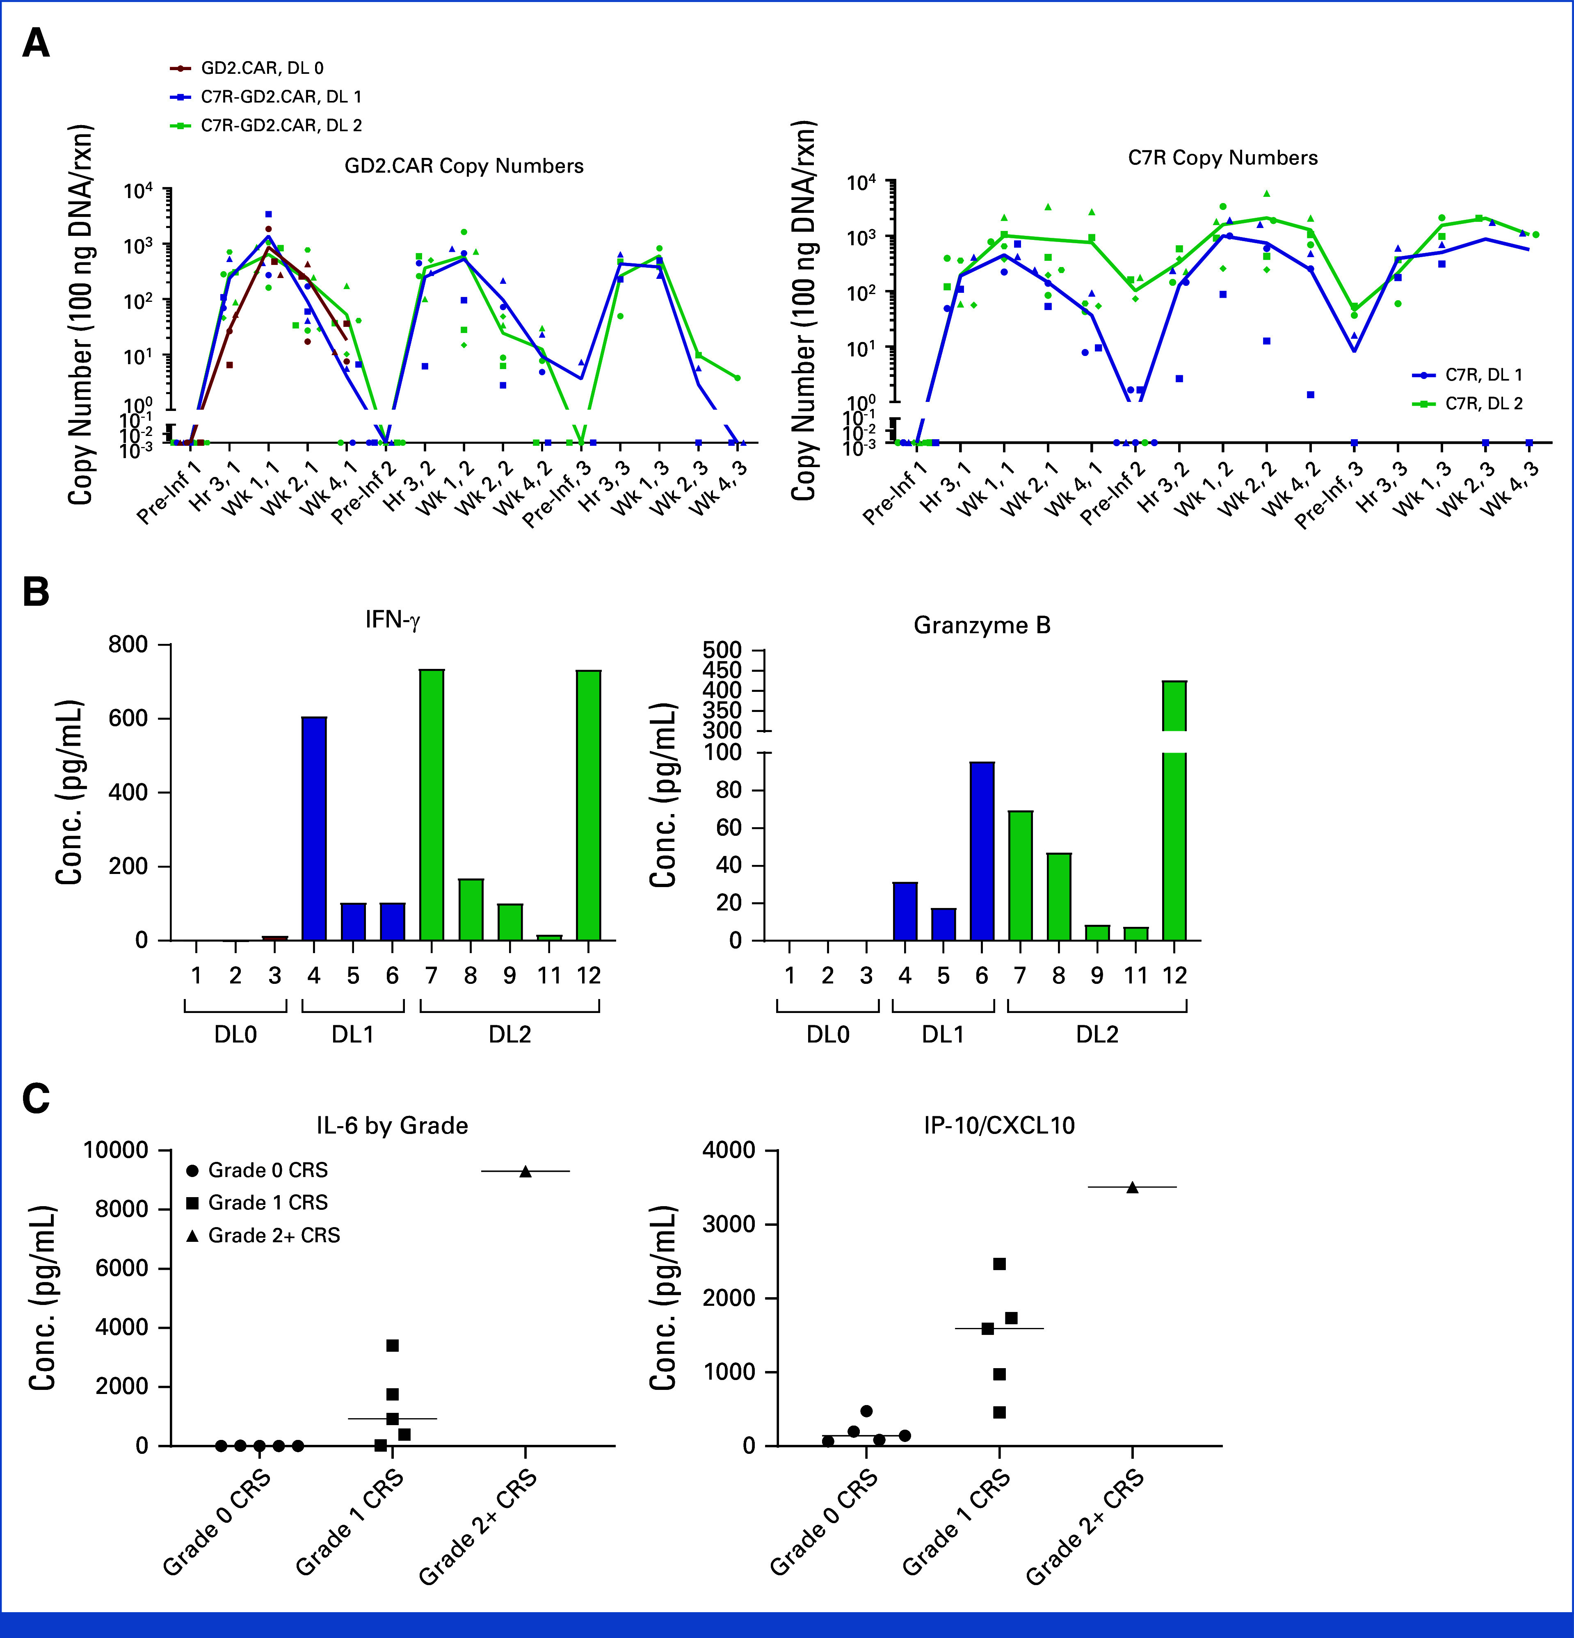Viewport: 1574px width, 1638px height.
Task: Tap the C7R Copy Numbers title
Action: (1222, 158)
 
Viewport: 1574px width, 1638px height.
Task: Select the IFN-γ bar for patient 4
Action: (313, 827)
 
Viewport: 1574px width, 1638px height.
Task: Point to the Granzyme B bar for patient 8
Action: (1058, 896)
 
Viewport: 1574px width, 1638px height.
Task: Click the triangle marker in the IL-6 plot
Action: (525, 1172)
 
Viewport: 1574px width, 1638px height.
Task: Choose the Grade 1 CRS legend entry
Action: (267, 1202)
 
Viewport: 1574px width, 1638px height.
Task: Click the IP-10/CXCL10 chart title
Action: (999, 1126)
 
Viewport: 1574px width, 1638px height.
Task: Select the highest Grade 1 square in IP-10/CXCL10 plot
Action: (999, 1264)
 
